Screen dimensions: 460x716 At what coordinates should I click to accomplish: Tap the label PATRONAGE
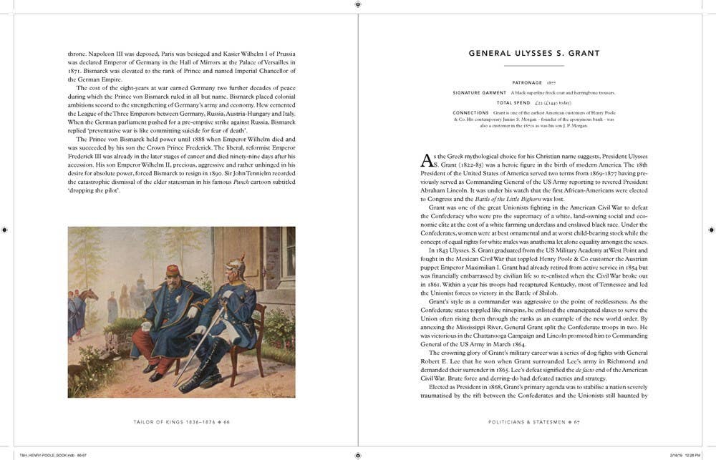[x=526, y=82]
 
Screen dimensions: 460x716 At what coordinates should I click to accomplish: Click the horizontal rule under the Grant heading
[x=534, y=67]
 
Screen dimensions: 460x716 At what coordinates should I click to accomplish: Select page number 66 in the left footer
[x=226, y=422]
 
